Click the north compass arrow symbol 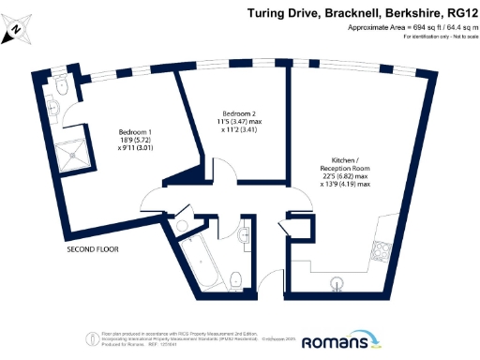pyautogui.click(x=16, y=33)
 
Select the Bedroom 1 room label pyautogui.click(x=136, y=132)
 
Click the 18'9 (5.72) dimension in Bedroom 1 pyautogui.click(x=136, y=141)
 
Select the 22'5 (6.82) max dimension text pyautogui.click(x=344, y=175)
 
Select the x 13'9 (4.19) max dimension pyautogui.click(x=344, y=185)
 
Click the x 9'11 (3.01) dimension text pyautogui.click(x=136, y=149)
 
